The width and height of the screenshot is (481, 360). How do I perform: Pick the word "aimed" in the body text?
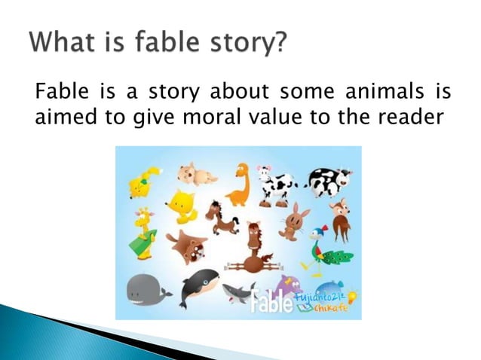[x=63, y=117]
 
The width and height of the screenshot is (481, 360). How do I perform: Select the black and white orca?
[x=199, y=287]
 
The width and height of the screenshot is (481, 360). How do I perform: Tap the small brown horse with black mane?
[x=222, y=218]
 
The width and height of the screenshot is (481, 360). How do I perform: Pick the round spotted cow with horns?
[x=329, y=182]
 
